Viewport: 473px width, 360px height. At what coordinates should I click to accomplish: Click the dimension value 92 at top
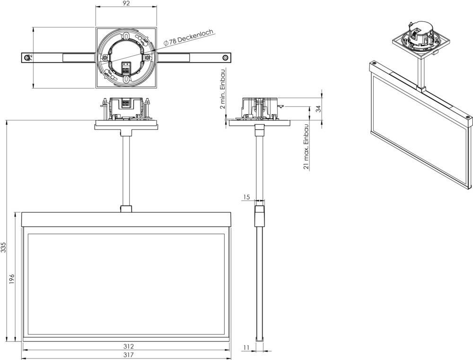(126, 4)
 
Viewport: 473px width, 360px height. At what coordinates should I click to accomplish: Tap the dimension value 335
(4, 247)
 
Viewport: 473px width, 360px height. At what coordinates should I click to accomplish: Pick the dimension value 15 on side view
(246, 196)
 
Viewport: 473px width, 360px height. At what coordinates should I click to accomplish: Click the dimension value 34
(318, 108)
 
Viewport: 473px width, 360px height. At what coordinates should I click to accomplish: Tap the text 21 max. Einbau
(307, 147)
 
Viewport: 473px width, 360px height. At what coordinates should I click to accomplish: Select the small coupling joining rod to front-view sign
(126, 209)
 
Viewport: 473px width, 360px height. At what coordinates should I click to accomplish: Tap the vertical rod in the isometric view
(421, 71)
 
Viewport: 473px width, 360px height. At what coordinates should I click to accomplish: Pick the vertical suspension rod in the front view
(126, 166)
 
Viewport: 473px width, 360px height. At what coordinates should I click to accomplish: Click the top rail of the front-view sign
(126, 220)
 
